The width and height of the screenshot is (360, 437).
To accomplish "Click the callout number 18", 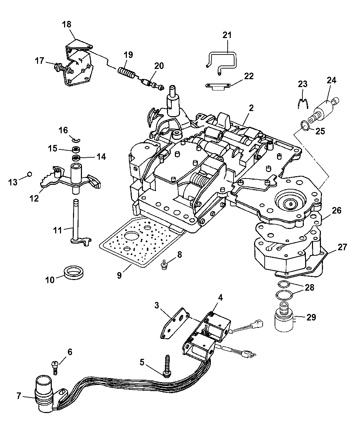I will coord(67,24).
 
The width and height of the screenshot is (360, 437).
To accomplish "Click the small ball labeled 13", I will coord(29,174).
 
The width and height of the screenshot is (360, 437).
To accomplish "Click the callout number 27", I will coord(343,247).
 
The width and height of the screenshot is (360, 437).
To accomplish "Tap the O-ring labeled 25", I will coord(304,126).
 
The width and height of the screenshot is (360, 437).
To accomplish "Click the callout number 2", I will coord(251,108).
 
